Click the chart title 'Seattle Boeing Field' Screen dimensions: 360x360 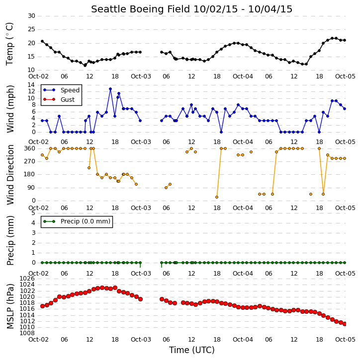tap(140, 9)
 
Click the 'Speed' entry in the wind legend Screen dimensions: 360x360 tap(70, 90)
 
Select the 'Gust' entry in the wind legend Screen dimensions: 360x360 tap(68, 100)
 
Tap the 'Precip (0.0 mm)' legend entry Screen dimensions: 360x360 tap(86, 221)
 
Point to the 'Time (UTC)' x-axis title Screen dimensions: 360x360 tap(192, 350)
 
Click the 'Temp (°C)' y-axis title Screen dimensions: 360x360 tap(9, 44)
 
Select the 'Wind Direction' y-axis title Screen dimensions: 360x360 tap(10, 175)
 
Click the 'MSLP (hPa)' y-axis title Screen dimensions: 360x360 tap(10, 306)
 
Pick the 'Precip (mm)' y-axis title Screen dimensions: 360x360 tap(10, 241)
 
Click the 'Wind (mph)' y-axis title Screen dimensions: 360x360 tap(10, 109)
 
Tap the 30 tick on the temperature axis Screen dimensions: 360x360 tap(31, 16)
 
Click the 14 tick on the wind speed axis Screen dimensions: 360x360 tap(31, 85)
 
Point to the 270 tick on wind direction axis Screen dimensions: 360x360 tap(30, 161)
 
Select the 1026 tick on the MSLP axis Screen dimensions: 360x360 tap(27, 279)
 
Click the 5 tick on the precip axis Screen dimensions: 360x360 tap(33, 213)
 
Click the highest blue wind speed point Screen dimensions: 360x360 tap(110, 89)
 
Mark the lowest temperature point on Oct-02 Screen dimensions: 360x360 tap(85, 66)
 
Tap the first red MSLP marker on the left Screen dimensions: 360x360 tap(42, 306)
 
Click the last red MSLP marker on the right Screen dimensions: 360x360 tap(345, 324)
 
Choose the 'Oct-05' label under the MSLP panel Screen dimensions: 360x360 tap(345, 339)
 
